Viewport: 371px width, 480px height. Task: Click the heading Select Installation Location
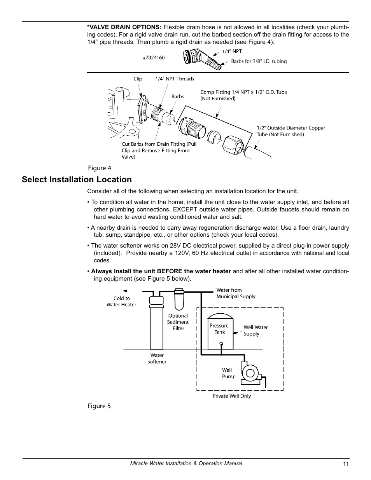77,180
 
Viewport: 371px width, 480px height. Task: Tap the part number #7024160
154,58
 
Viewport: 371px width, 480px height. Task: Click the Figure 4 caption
100,168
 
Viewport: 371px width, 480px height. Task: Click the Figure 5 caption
99,406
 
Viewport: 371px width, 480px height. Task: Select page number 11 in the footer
346,464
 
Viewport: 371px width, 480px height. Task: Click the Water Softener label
157,358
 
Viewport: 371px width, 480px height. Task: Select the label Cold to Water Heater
121,302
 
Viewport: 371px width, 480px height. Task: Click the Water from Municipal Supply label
236,293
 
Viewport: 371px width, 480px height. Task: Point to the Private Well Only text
231,396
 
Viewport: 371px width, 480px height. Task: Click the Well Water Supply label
255,330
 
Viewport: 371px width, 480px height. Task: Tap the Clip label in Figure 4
138,79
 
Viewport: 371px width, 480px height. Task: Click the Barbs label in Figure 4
178,96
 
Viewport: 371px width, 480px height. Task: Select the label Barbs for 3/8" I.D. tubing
259,61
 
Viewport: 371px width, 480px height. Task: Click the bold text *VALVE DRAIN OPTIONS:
124,27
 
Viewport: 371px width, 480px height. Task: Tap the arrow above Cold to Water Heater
128,290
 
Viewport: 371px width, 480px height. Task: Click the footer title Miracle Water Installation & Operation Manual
185,464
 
